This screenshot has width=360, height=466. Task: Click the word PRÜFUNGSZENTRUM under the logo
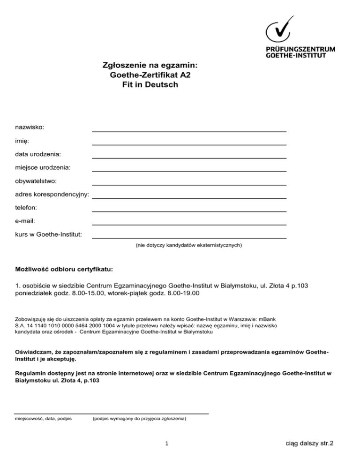point(300,48)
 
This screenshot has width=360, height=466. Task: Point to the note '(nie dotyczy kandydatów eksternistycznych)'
point(188,245)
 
